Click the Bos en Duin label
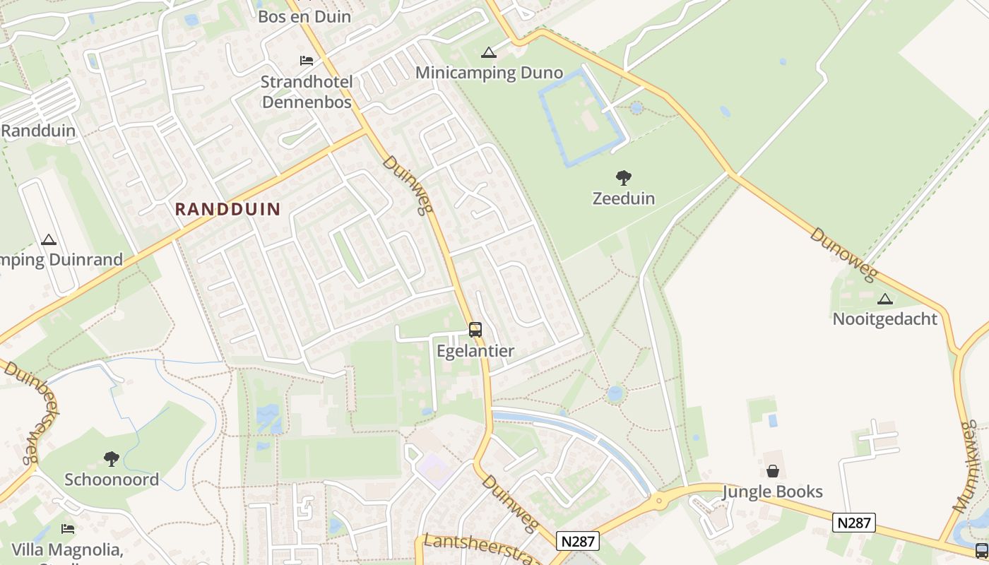304,16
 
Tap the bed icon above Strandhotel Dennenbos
307,60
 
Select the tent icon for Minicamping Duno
488,52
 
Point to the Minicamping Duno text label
489,73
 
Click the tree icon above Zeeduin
623,178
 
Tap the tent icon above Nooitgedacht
884,299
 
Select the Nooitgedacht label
884,319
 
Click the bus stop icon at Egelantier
475,329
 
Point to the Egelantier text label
475,350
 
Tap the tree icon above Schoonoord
112,459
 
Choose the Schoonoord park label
112,480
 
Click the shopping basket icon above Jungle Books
773,471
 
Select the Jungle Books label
773,492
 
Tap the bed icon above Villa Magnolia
68,528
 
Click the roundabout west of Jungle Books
659,501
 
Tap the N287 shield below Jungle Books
853,523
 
